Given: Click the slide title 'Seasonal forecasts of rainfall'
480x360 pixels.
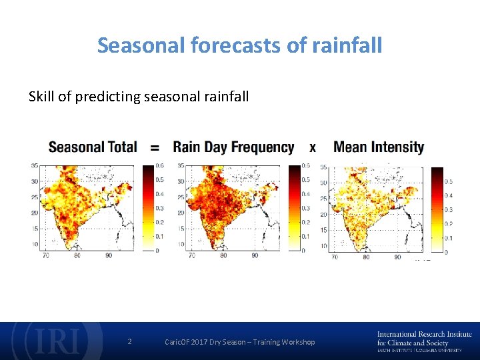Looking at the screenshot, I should (x=239, y=45).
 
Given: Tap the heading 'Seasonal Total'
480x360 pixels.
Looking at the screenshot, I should (x=93, y=147).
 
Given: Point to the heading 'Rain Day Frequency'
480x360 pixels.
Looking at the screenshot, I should (x=233, y=147).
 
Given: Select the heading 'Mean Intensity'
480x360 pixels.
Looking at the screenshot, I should (x=379, y=147).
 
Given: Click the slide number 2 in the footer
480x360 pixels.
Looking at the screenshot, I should (x=129, y=342).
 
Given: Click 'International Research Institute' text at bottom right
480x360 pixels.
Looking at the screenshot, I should (x=424, y=334).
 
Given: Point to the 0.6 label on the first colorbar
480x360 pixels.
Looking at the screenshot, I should (x=160, y=166).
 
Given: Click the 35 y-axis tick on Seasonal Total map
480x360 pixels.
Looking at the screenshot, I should (x=33, y=166).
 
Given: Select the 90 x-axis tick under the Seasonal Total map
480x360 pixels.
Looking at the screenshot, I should (x=109, y=255).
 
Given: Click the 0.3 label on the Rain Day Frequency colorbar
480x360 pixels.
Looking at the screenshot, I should (x=305, y=208).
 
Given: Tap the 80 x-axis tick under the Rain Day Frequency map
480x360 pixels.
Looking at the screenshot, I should (x=223, y=255).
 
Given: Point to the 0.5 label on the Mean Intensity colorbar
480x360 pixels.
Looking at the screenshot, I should (x=448, y=181).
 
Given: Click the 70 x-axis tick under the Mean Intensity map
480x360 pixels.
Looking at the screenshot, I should (x=334, y=257).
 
